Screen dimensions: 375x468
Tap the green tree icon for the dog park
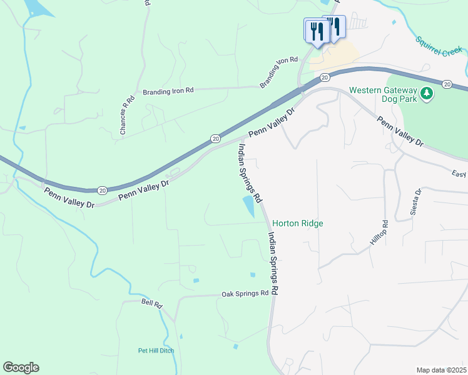point(427,93)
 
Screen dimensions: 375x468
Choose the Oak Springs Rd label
point(245,294)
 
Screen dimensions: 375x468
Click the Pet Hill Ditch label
point(156,351)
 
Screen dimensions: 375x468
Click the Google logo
point(21,367)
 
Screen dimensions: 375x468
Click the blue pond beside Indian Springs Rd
point(249,206)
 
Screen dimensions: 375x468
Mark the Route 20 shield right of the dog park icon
point(446,84)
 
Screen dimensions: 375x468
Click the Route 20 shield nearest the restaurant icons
point(324,77)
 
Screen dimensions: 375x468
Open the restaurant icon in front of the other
point(317,31)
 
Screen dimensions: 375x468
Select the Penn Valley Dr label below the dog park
point(400,131)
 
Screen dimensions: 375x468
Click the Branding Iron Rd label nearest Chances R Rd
point(168,90)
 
